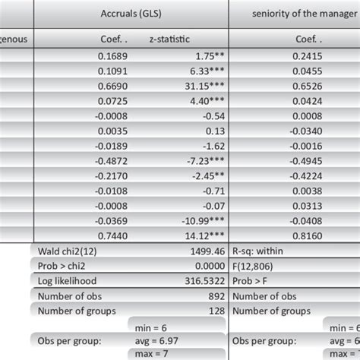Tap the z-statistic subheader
pyautogui.click(x=169, y=40)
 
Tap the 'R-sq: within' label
pyautogui.click(x=258, y=251)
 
